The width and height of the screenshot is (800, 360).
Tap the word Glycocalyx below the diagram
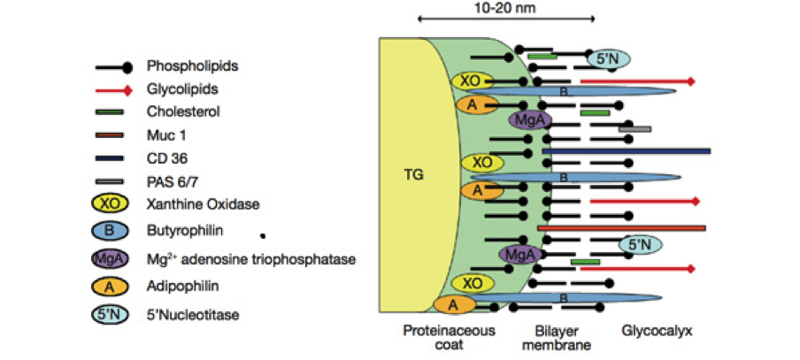(x=656, y=331)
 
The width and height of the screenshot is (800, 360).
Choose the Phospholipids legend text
(x=193, y=65)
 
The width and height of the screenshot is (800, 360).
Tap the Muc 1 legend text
(x=166, y=135)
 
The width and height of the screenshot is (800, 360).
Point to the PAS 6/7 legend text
(x=173, y=181)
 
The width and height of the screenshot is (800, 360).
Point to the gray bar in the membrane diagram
(x=635, y=129)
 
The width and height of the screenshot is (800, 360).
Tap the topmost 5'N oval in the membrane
(x=608, y=59)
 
